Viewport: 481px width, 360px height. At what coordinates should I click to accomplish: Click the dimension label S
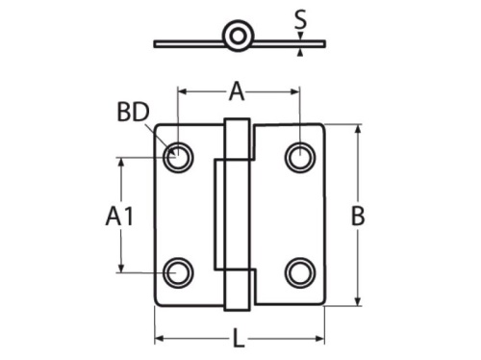tap(300, 20)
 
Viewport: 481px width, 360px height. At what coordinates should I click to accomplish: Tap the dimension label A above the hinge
tap(237, 91)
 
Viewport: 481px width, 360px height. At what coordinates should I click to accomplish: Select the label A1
tap(119, 216)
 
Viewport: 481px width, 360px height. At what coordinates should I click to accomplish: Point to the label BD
tap(134, 112)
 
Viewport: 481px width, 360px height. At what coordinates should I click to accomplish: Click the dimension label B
tap(358, 216)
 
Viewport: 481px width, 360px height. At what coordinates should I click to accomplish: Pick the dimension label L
tap(239, 338)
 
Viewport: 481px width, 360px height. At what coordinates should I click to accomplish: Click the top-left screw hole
tap(178, 158)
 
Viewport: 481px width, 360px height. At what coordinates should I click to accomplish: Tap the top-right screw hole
tap(300, 158)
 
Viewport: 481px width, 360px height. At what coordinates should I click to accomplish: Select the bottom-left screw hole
tap(178, 272)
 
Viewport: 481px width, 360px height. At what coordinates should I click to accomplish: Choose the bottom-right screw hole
tap(300, 272)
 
